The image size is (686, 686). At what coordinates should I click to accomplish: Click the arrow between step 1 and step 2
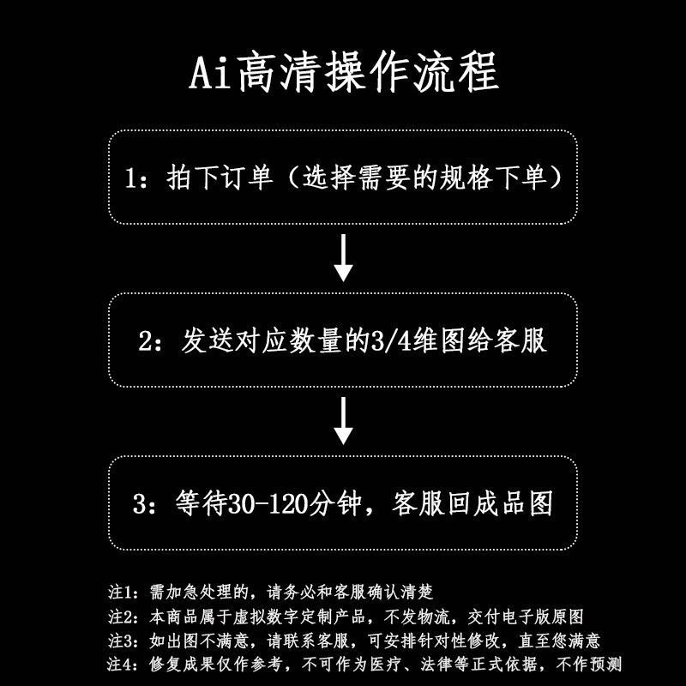coord(343,257)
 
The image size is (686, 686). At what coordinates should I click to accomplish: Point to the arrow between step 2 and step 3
coord(343,420)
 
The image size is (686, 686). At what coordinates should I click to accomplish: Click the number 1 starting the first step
coord(131,178)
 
